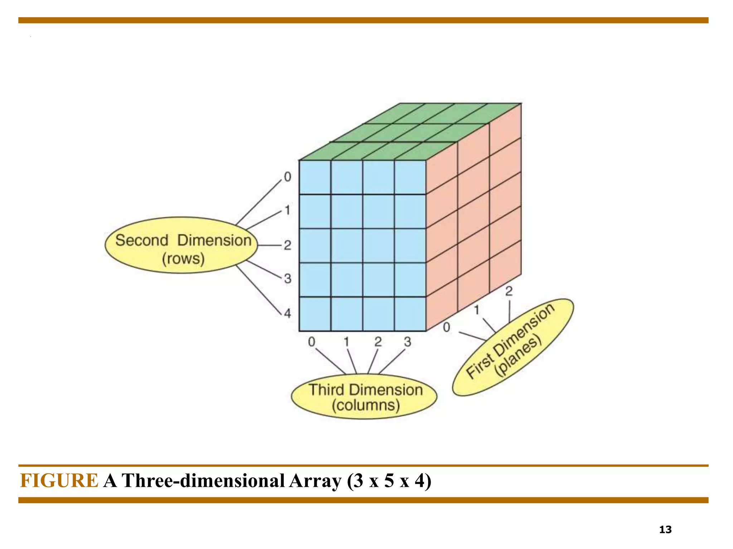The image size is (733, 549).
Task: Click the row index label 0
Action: point(288,177)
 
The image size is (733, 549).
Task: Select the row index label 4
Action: point(288,313)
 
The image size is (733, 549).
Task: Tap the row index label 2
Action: point(288,245)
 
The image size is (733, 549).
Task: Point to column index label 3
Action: point(408,342)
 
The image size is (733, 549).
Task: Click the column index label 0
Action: point(312,342)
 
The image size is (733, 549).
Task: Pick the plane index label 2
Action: point(509,291)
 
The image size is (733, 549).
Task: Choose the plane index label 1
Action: point(477,310)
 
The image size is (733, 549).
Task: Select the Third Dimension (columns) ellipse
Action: point(364,397)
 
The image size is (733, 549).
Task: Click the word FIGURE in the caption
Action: point(59,480)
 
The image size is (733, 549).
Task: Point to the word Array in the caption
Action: point(315,480)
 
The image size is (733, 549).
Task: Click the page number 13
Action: point(665,529)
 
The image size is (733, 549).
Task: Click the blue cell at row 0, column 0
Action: point(315,177)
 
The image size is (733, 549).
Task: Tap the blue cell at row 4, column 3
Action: point(410,314)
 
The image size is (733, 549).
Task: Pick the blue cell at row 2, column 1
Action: point(347,246)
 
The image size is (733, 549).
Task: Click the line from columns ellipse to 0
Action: point(330,361)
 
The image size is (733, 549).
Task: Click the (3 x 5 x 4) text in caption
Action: point(389,480)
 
